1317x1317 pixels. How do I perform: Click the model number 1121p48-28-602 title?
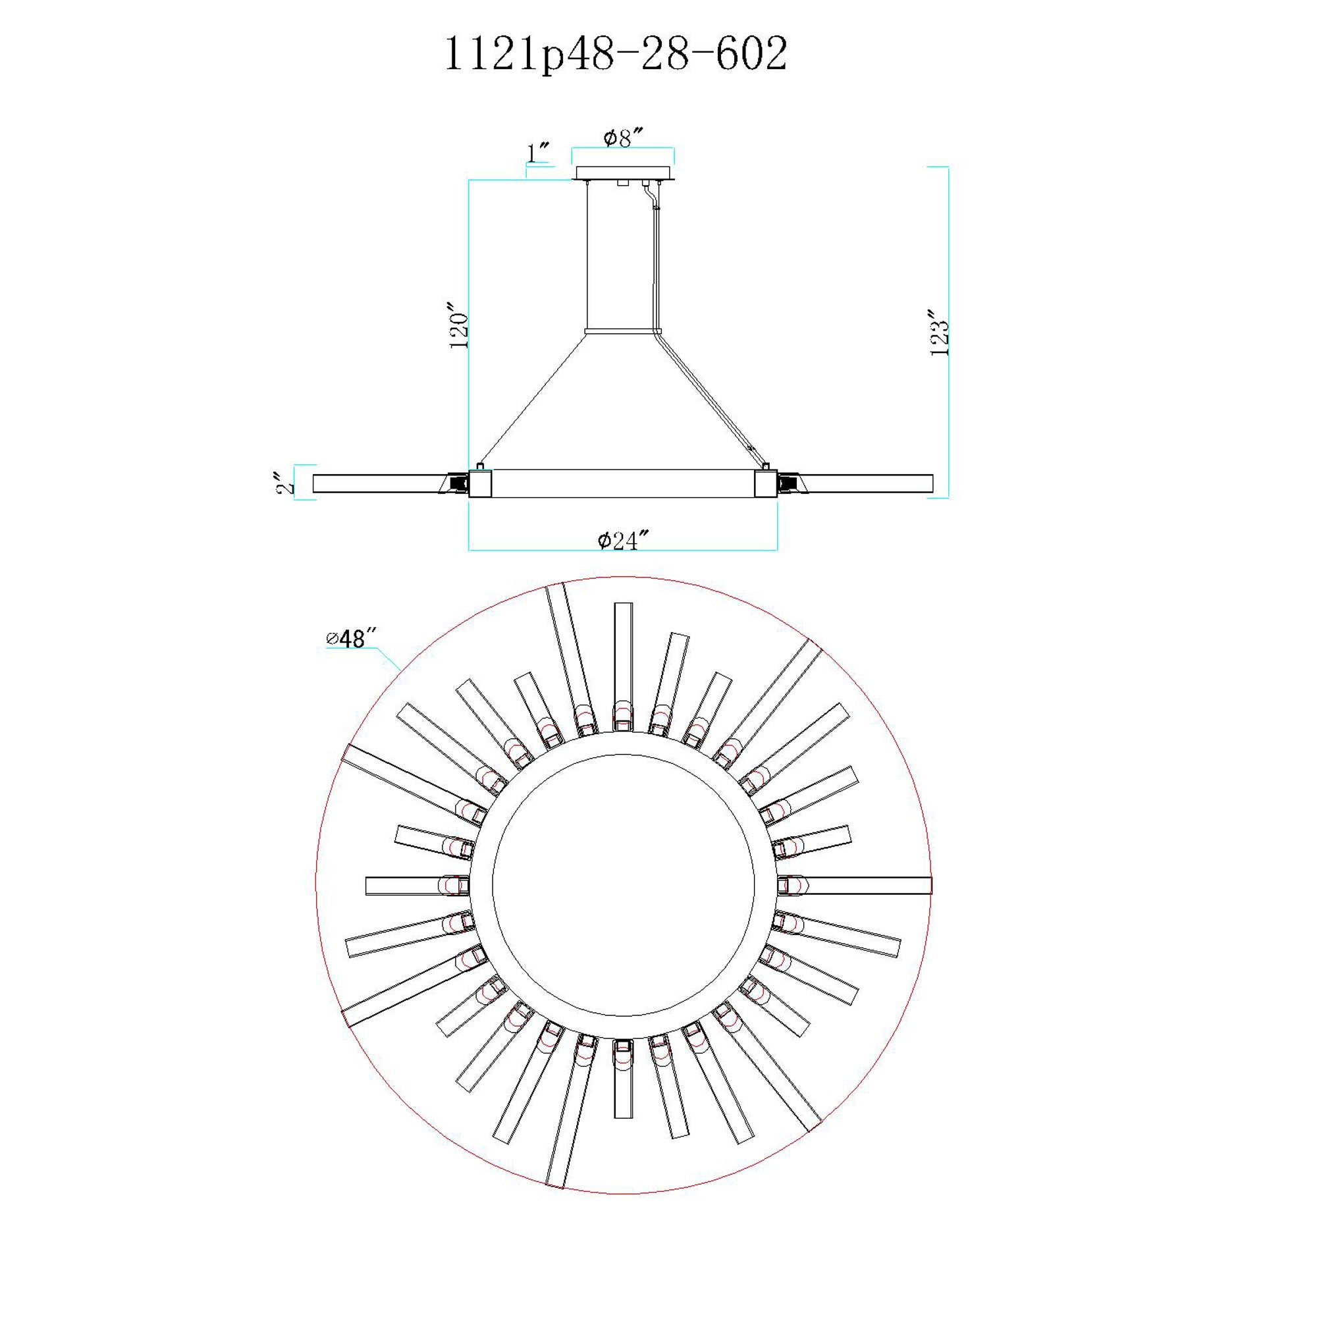tap(616, 55)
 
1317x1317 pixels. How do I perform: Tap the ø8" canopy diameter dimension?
tap(623, 138)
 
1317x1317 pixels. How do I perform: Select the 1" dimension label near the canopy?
tap(539, 153)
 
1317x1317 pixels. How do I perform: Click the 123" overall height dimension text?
tap(940, 332)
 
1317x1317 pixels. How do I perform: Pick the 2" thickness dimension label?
tap(286, 483)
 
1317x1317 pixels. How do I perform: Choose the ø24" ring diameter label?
tap(622, 541)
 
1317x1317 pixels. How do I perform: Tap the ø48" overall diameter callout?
tap(352, 639)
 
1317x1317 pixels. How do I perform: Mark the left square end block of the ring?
tap(480, 483)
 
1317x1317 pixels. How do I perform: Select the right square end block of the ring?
tap(766, 483)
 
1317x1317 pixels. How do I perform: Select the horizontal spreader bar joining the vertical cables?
tap(623, 332)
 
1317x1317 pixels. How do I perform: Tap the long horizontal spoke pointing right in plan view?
tap(866, 886)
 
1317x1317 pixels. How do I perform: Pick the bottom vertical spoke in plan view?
tap(623, 1090)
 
